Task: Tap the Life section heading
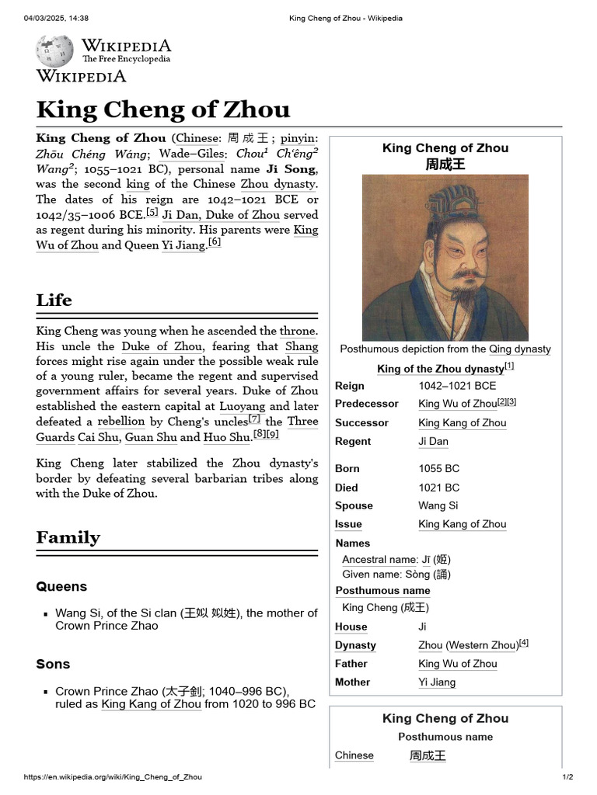click(54, 300)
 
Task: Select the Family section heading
click(68, 537)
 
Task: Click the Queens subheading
click(61, 586)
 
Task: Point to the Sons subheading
click(53, 664)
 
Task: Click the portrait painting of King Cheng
click(445, 257)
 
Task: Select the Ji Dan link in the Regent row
click(433, 441)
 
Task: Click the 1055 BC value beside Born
click(438, 469)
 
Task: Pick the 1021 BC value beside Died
click(438, 488)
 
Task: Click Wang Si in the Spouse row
click(438, 505)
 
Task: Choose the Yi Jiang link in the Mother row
click(437, 682)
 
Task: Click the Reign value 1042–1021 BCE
click(457, 385)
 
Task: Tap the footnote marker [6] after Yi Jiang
click(215, 242)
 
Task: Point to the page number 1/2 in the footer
click(567, 777)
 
